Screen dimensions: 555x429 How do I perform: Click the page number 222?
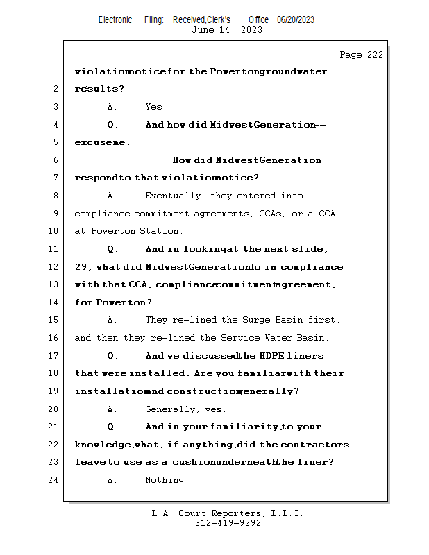point(372,55)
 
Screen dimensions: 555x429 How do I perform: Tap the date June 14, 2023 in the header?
point(227,29)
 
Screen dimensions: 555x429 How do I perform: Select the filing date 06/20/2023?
point(296,19)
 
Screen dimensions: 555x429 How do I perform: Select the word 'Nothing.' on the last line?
point(167,479)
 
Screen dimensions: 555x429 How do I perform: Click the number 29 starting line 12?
point(82,267)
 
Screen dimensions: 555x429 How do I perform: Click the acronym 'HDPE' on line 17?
point(271,356)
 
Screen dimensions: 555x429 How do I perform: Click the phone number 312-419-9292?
point(228,523)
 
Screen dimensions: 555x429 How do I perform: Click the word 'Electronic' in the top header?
point(115,19)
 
